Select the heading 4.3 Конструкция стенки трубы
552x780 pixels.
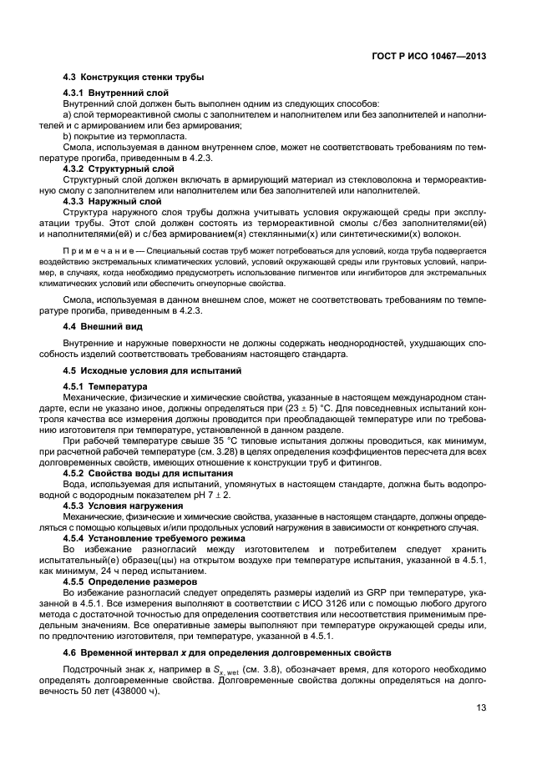tap(133, 78)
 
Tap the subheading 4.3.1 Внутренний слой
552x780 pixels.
tap(118, 92)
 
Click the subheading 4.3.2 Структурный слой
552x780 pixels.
tap(119, 169)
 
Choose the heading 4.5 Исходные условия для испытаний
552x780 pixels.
tap(152, 370)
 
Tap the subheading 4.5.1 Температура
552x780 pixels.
tap(105, 386)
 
